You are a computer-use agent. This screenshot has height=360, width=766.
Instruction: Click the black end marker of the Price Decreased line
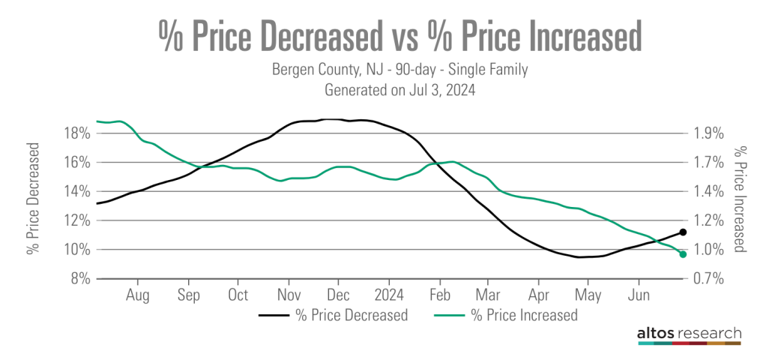point(683,232)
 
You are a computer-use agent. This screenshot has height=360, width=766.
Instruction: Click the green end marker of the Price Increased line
point(683,254)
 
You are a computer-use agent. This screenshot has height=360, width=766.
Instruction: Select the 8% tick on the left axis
point(81,279)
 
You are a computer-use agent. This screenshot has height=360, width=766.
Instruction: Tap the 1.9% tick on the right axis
point(708,133)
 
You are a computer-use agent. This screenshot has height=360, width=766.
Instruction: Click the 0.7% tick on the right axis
point(708,279)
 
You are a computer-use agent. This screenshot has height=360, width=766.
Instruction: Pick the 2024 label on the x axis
point(389,293)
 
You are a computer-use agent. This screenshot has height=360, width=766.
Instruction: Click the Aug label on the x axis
point(138,293)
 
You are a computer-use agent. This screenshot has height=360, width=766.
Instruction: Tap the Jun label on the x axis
point(638,293)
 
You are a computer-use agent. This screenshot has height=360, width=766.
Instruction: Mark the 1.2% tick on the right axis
point(708,220)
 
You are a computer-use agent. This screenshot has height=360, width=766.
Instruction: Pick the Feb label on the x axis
point(439,293)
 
